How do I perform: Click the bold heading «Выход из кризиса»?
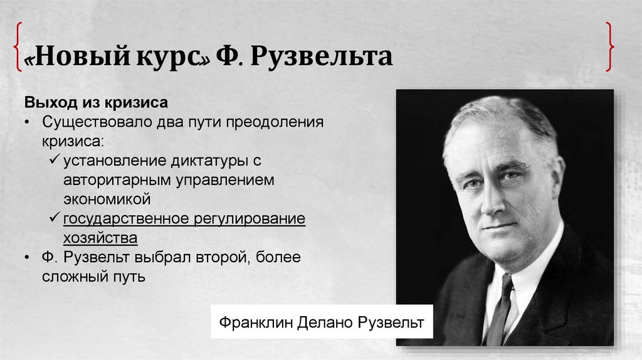click(x=96, y=102)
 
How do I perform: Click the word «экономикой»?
click(x=107, y=199)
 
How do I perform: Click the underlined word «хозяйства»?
click(x=100, y=238)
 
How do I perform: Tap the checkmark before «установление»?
click(x=54, y=161)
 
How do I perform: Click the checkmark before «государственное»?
click(x=54, y=219)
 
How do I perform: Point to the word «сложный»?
click(x=71, y=277)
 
